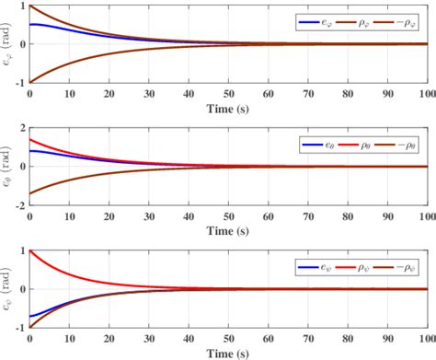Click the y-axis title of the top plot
coord(8,44)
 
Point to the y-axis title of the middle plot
coord(8,167)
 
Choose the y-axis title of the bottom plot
coord(8,289)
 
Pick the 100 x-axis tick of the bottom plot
coord(426,339)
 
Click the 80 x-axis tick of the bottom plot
coord(347,339)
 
